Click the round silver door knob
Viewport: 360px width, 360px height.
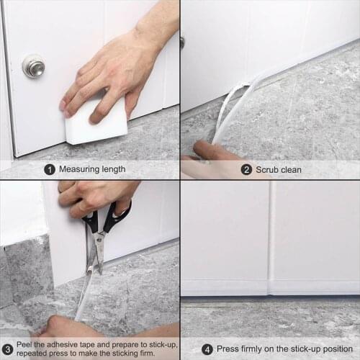click(33, 66)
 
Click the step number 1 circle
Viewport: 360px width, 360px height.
click(50, 170)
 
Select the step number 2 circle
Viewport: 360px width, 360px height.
click(247, 170)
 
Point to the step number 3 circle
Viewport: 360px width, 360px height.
click(7, 348)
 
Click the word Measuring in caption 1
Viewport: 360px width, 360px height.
click(79, 170)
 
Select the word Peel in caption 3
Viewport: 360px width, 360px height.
click(24, 344)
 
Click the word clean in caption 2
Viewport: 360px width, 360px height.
click(292, 170)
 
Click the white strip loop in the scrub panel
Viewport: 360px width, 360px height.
click(234, 108)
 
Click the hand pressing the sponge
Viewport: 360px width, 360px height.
click(108, 72)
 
